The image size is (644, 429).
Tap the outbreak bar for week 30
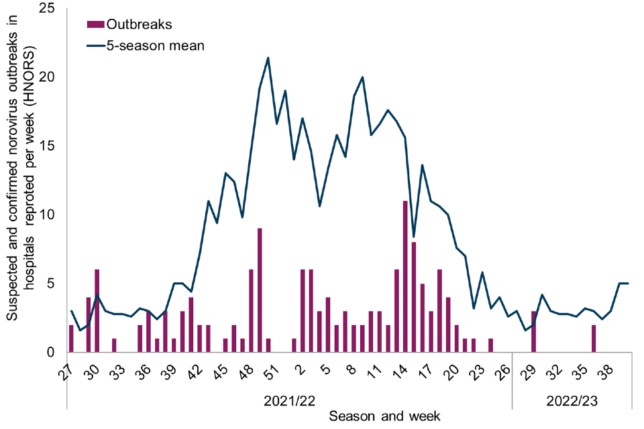[97, 311]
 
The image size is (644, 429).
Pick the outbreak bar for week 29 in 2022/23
[534, 332]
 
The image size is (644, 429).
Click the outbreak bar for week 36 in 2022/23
[594, 339]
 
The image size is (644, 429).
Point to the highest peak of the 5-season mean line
[268, 58]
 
